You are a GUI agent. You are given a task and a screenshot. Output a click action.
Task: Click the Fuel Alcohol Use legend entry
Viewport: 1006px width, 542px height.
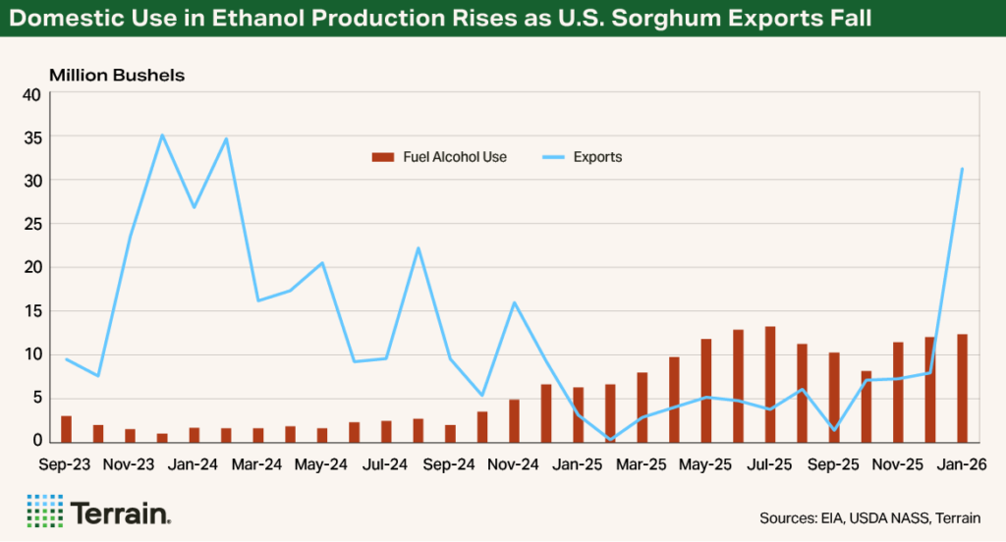[439, 157]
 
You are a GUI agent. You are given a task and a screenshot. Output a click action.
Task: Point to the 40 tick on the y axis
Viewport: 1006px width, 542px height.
[31, 95]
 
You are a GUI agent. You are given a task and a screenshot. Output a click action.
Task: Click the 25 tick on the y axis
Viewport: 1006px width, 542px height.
[31, 225]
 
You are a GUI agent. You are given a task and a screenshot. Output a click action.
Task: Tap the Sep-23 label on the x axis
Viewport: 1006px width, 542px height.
[66, 461]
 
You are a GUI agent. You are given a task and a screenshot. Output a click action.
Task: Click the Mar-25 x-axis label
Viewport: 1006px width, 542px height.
[642, 461]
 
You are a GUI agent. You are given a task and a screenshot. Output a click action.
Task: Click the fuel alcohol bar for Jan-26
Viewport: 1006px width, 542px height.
[962, 388]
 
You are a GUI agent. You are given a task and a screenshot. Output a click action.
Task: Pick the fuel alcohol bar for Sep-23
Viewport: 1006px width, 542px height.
[66, 429]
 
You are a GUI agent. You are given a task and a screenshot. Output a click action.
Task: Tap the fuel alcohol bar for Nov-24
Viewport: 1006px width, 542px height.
[514, 420]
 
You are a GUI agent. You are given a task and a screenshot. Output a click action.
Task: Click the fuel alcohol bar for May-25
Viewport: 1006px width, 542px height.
[705, 390]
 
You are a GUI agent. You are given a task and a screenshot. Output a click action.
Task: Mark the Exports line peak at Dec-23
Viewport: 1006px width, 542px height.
[162, 135]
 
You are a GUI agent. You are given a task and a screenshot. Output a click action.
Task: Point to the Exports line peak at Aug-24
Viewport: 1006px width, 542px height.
[418, 248]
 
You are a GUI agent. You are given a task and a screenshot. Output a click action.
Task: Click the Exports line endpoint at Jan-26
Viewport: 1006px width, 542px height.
[962, 169]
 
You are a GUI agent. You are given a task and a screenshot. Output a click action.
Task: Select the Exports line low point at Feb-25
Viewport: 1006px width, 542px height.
[610, 439]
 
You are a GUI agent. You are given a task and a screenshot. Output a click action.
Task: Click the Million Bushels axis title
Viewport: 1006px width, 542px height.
[117, 75]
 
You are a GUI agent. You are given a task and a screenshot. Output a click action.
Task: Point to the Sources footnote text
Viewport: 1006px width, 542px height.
[869, 517]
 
